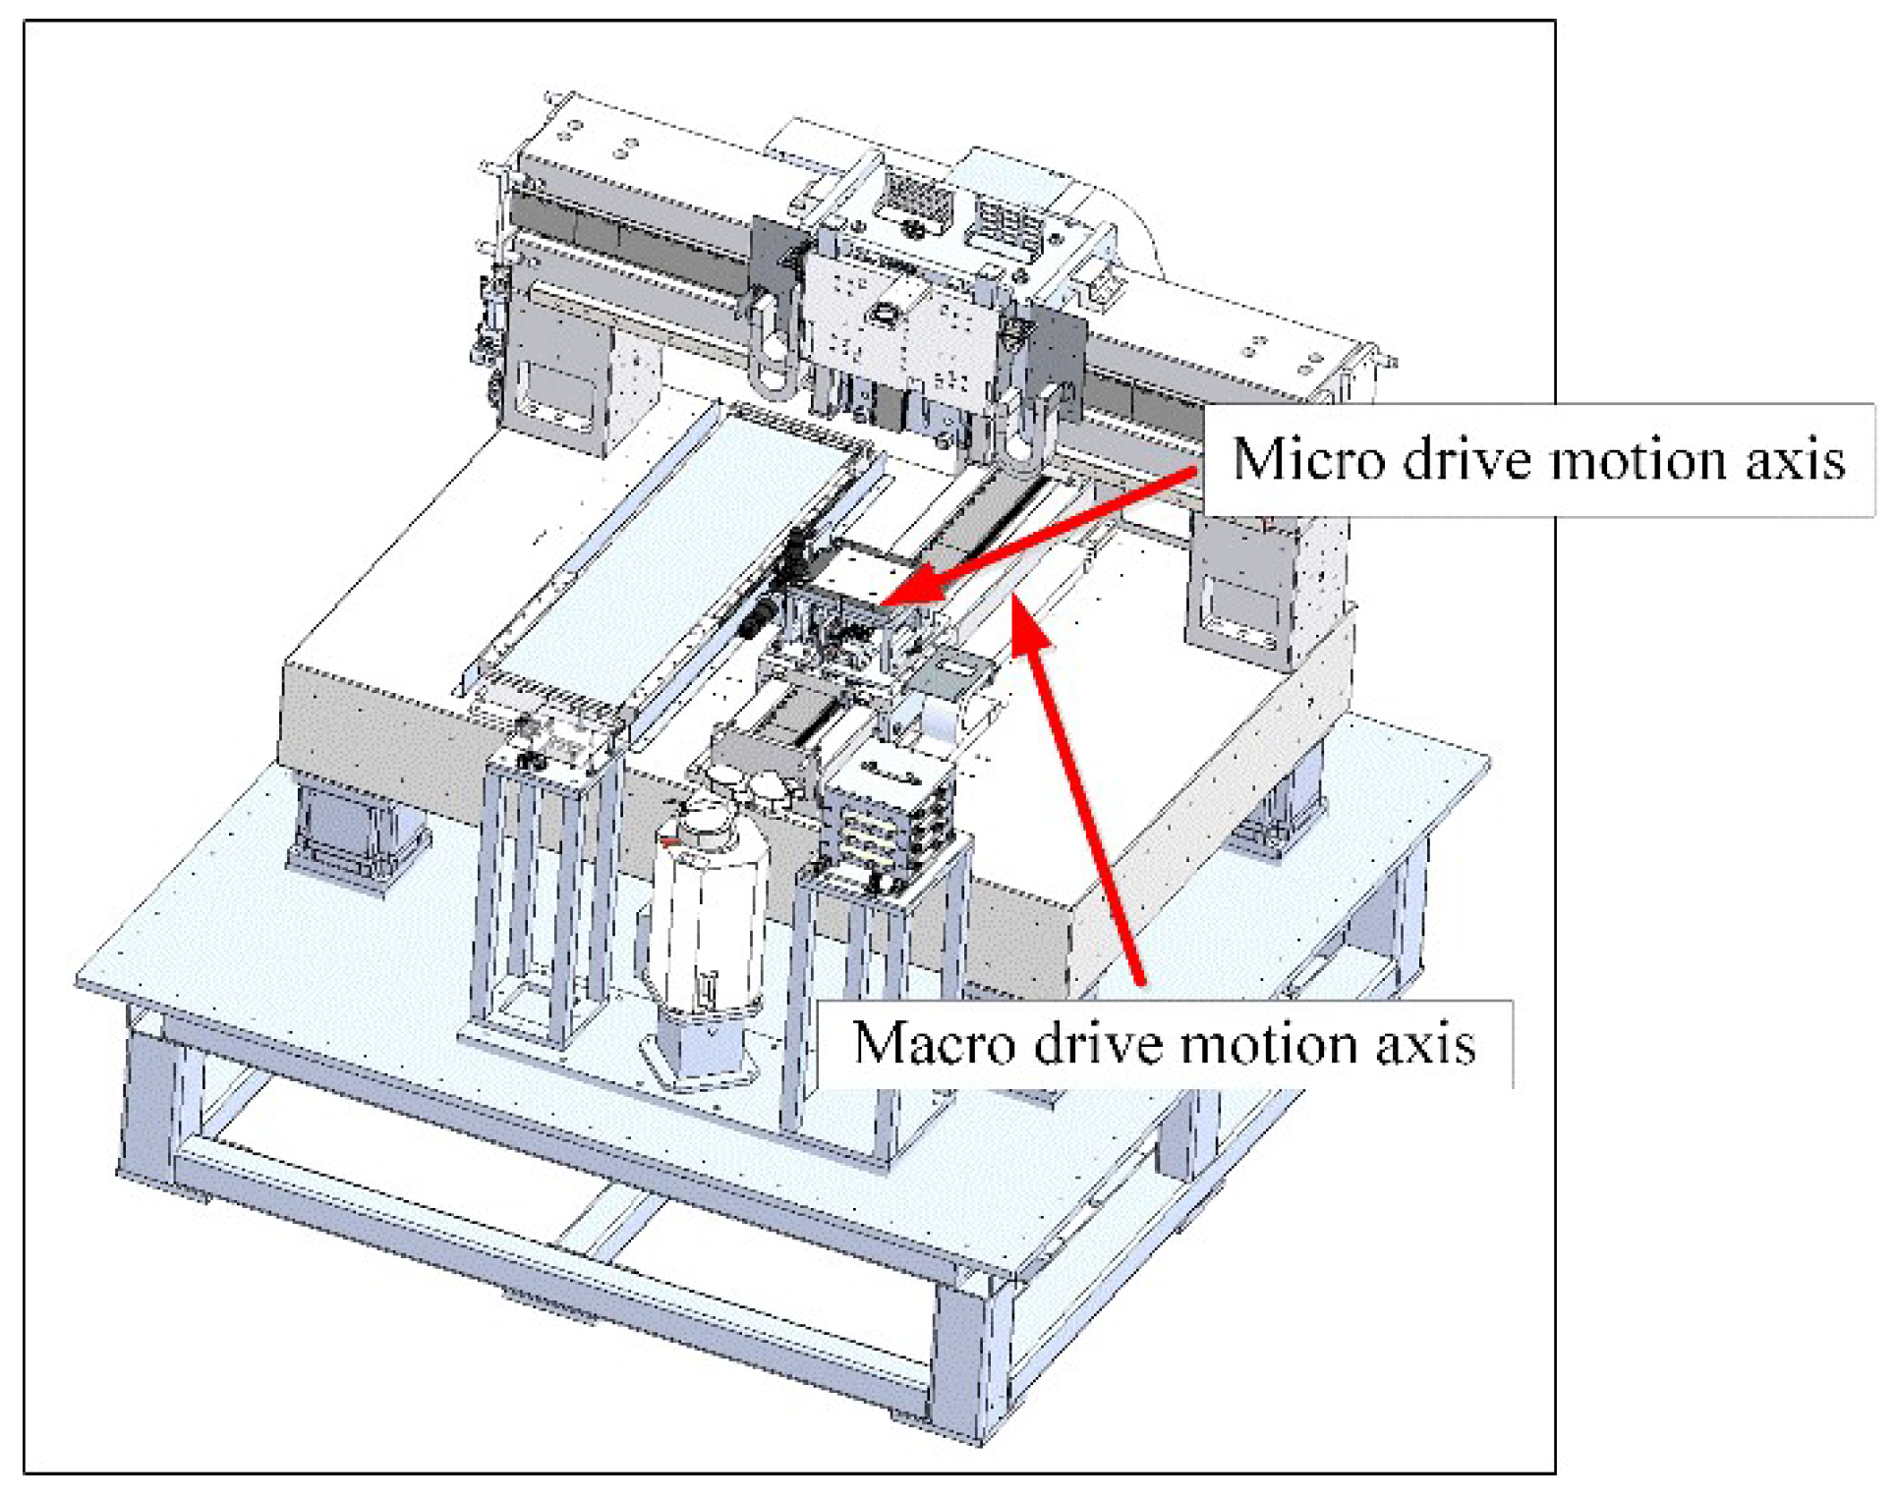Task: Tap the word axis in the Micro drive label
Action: (1795, 460)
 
